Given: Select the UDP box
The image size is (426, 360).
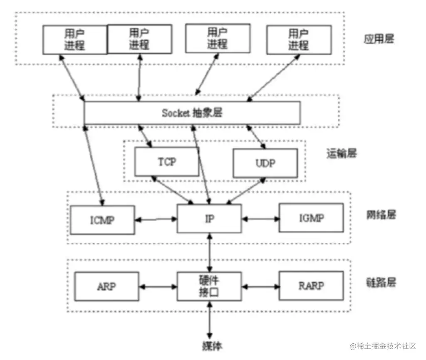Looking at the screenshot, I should (x=265, y=163).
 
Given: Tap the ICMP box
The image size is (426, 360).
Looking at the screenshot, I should (x=102, y=219).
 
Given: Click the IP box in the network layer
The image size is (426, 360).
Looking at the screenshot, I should (x=209, y=218).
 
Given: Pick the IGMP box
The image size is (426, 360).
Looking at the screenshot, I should (x=311, y=217).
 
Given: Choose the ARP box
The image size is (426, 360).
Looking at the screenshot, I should (x=106, y=286).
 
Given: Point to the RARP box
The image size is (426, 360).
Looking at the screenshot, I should (x=311, y=286).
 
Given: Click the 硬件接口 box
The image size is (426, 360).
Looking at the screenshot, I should (x=209, y=286).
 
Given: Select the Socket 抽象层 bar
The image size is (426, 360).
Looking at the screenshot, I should (x=192, y=113).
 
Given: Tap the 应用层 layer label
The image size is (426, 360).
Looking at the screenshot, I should (x=379, y=39).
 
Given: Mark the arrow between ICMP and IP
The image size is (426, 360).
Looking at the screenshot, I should (x=156, y=219).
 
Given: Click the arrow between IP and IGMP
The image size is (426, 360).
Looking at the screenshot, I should (x=260, y=218).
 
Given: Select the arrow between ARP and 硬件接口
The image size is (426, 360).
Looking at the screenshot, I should (x=158, y=286).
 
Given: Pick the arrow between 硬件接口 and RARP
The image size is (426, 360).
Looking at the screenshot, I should (x=260, y=286).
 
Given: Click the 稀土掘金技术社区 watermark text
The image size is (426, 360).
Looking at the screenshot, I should (x=383, y=346).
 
